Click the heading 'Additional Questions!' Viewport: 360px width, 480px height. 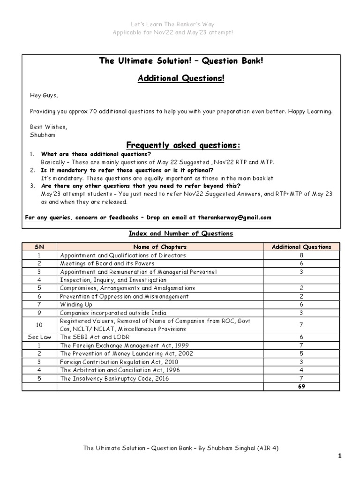coord(181,78)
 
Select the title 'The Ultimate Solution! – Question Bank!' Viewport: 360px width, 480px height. coord(181,61)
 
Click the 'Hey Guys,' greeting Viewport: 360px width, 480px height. coord(44,95)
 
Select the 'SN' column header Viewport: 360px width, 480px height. coord(39,247)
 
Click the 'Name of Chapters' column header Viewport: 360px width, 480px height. coord(160,247)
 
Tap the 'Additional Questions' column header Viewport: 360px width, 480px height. coord(301,247)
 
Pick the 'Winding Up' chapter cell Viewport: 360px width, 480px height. coord(74,304)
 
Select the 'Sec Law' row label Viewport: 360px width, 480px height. coord(39,337)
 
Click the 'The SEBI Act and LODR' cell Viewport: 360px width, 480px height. coord(95,337)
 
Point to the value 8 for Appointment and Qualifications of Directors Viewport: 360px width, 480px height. coord(301,255)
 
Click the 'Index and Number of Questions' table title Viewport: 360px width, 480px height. coord(181,233)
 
